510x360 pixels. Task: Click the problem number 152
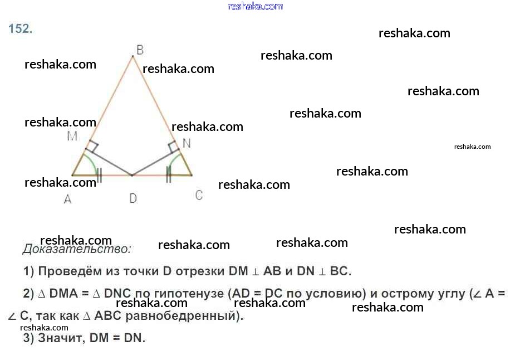(21, 29)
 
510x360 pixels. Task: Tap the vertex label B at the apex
(140, 50)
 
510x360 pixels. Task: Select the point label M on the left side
(72, 136)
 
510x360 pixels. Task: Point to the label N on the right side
(187, 143)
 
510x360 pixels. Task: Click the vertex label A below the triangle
(67, 199)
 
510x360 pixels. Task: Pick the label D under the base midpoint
(133, 198)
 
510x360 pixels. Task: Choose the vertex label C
(199, 195)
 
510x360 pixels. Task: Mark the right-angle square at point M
(92, 148)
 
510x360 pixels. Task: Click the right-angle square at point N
(173, 147)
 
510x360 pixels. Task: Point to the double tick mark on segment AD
(99, 175)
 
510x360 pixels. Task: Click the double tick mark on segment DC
(168, 175)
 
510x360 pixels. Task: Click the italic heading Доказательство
(77, 249)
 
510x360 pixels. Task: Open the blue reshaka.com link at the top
(256, 6)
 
